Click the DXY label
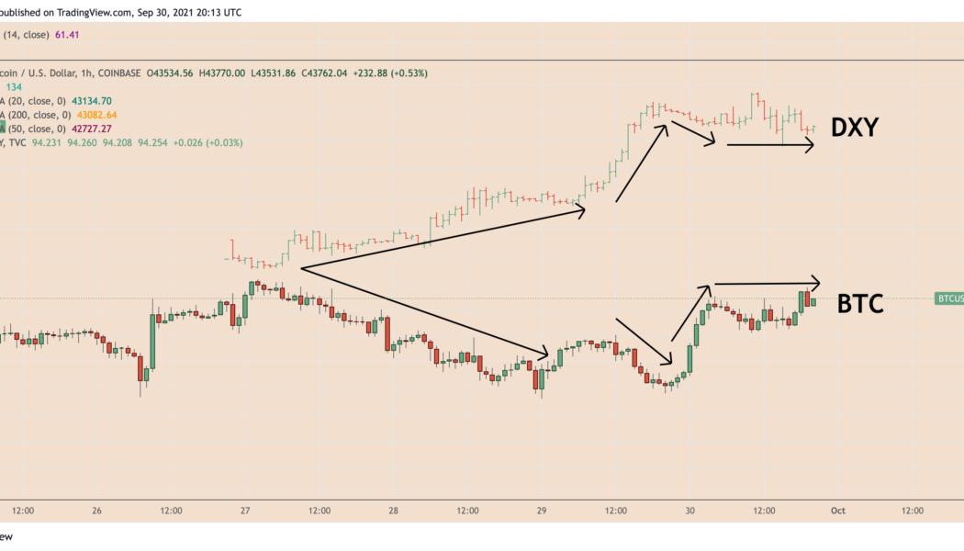[x=855, y=129]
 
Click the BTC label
[x=860, y=303]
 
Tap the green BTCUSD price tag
[x=949, y=298]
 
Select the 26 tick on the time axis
[x=97, y=511]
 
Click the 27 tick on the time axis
[x=245, y=511]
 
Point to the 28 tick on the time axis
[x=393, y=511]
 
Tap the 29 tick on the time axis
[x=541, y=511]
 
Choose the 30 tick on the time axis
[x=689, y=511]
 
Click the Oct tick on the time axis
[x=837, y=511]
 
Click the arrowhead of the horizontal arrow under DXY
[x=810, y=144]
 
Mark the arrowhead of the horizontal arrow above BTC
[x=815, y=282]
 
